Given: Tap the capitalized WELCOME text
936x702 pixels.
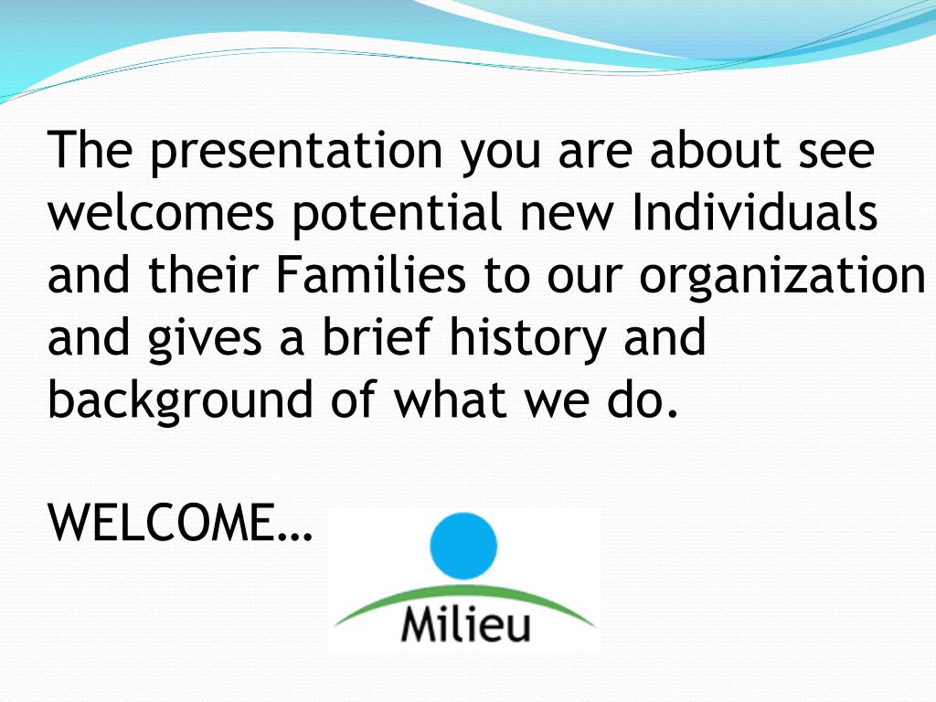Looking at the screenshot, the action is click(180, 522).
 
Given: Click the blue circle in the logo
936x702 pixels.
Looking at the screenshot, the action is click(463, 546).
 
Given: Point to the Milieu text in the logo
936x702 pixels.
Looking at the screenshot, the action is click(465, 624).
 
